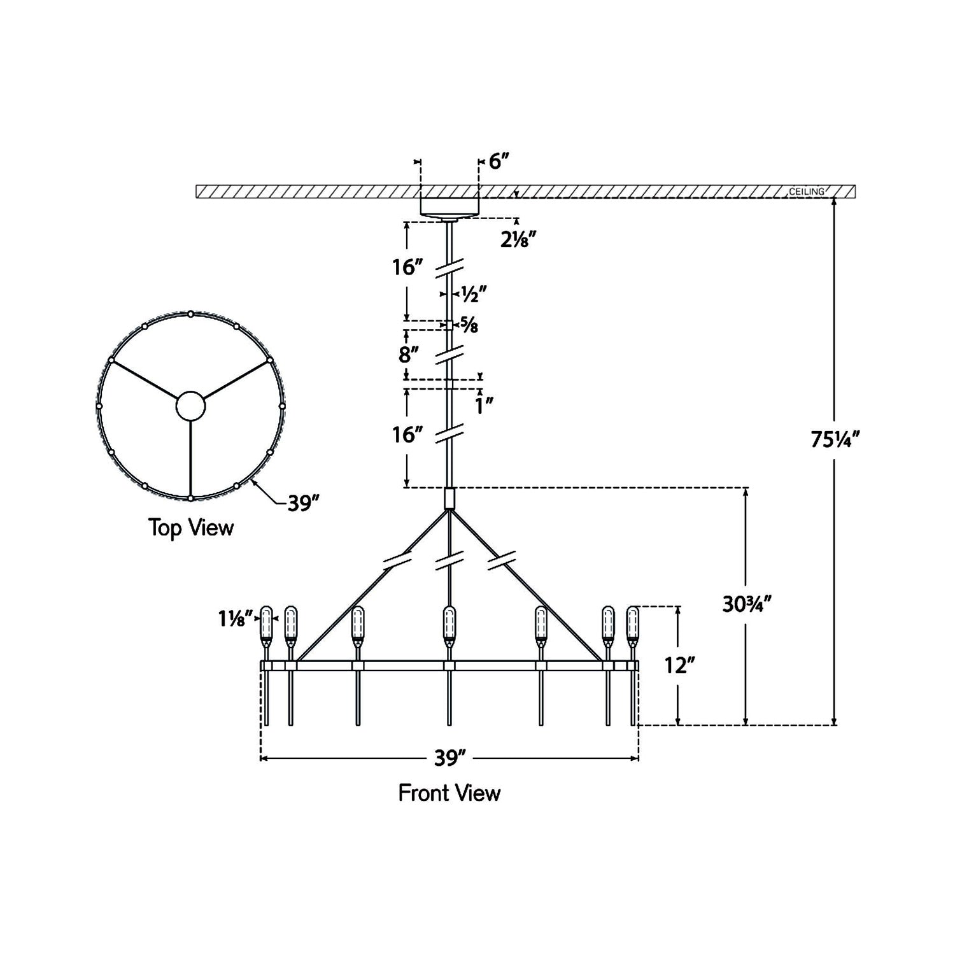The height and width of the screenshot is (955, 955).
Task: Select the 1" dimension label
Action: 485,406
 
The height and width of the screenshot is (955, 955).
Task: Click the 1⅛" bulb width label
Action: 236,618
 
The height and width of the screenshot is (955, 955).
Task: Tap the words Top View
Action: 191,528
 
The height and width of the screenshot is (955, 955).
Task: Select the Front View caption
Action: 449,793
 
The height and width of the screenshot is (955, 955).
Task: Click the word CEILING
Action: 807,191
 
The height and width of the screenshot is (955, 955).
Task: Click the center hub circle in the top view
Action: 190,406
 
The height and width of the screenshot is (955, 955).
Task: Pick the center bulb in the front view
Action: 449,625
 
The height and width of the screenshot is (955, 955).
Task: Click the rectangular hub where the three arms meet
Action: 449,498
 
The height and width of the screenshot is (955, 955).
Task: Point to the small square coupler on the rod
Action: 449,325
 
